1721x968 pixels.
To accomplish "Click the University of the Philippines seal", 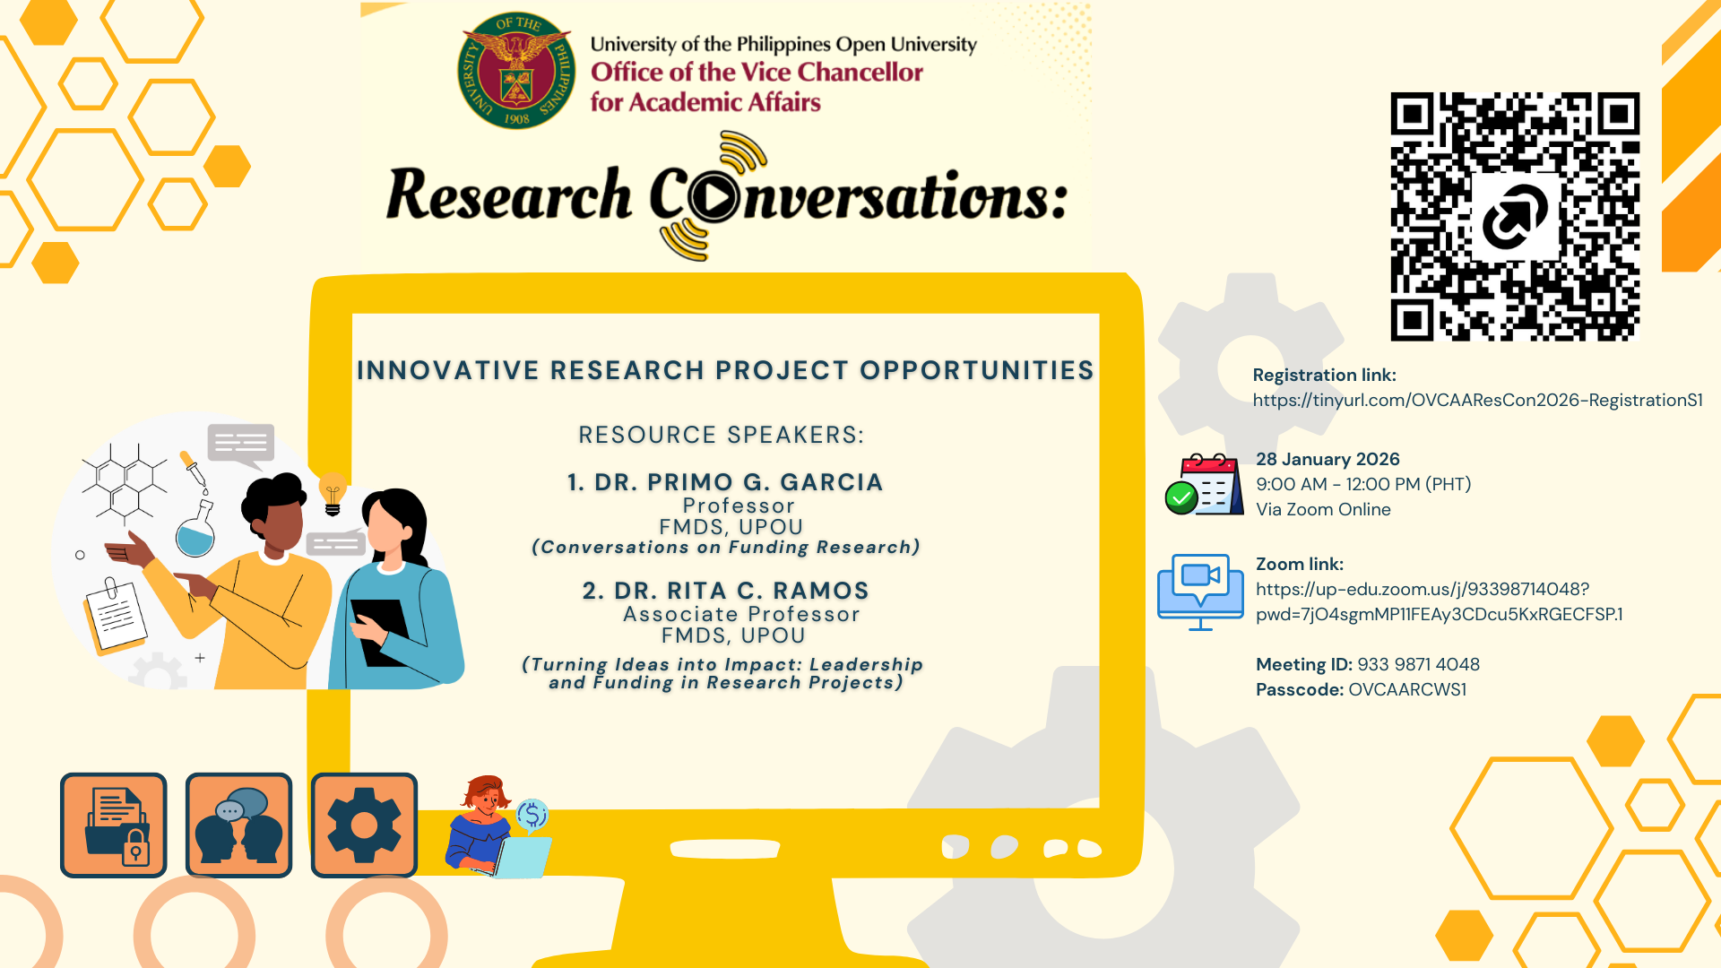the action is point(517,71).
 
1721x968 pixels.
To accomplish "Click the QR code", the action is point(1515,216).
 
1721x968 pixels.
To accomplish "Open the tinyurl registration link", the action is point(1477,401).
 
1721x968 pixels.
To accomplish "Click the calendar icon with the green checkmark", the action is point(1204,485).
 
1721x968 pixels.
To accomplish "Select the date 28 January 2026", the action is point(1328,459).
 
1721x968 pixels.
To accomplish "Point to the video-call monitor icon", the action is point(1200,592).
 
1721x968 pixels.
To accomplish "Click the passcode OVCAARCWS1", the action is point(1407,689).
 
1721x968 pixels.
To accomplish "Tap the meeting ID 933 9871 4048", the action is point(1418,664).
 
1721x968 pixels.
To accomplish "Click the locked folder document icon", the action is point(114,825).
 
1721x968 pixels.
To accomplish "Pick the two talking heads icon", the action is point(238,825).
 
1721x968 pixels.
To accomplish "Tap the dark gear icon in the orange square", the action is point(364,825).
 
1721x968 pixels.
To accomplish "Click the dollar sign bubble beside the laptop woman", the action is point(532,815).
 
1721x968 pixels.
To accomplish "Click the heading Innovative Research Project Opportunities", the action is point(725,370).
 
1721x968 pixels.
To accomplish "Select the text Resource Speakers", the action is point(722,435).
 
